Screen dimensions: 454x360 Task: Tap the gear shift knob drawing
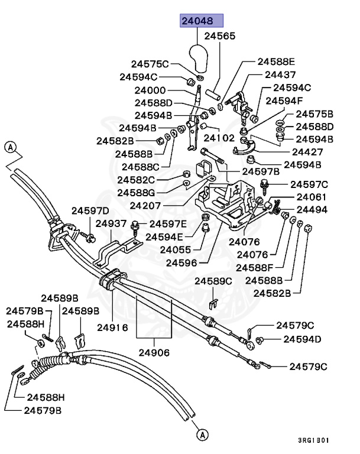tap(199, 58)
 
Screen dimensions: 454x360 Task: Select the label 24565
tap(220, 36)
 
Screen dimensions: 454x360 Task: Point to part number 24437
tap(280, 75)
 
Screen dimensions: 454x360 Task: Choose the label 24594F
tap(284, 100)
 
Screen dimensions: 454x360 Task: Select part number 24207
tap(145, 206)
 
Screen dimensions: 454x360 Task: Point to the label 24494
tap(312, 209)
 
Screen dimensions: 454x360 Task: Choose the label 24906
tap(154, 353)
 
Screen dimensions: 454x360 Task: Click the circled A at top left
tap(9, 147)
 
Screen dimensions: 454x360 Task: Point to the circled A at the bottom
tap(202, 435)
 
